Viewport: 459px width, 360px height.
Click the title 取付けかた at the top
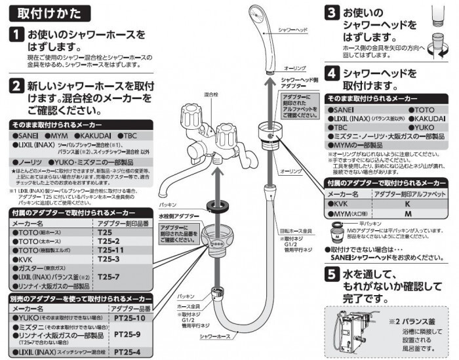pyautogui.click(x=49, y=13)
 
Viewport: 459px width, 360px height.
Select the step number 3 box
pyautogui.click(x=332, y=13)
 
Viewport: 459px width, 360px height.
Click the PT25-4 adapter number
pyautogui.click(x=127, y=352)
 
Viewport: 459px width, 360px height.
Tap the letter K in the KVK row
pyautogui.click(x=407, y=204)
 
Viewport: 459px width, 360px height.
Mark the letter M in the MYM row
pyautogui.click(x=407, y=214)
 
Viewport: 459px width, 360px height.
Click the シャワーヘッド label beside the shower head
pyautogui.click(x=294, y=31)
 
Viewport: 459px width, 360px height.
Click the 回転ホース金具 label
pyautogui.click(x=294, y=231)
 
